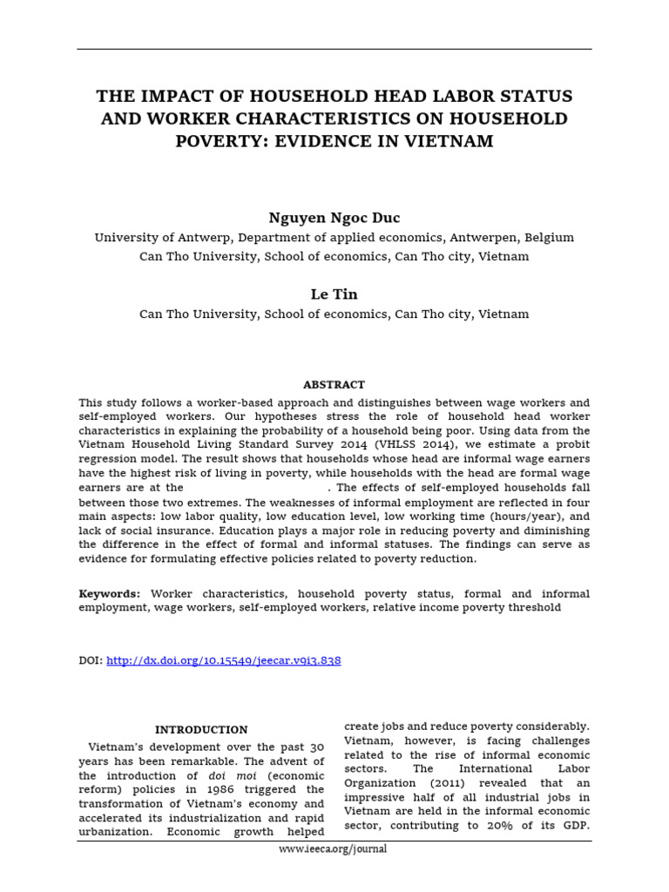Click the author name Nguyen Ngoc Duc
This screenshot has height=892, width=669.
pyautogui.click(x=334, y=218)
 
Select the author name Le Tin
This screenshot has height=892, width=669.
pyautogui.click(x=334, y=294)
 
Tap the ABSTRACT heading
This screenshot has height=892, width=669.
pyautogui.click(x=334, y=384)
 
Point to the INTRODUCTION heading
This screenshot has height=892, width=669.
pyautogui.click(x=201, y=729)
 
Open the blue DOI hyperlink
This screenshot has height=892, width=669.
pyautogui.click(x=223, y=661)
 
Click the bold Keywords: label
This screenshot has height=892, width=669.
pyautogui.click(x=109, y=593)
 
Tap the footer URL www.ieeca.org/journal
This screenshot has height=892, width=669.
pyautogui.click(x=334, y=848)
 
